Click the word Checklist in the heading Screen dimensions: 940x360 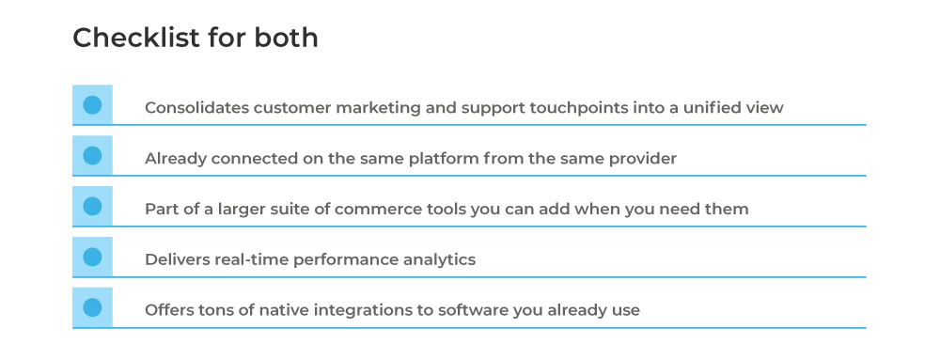136,38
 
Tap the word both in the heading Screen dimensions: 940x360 286,38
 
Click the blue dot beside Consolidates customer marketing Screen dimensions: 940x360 92,105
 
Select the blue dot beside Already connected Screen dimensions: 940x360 92,156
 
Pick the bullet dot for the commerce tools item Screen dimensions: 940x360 92,206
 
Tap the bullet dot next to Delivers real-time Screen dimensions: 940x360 92,257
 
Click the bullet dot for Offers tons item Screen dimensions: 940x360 92,307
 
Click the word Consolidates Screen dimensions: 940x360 196,108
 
